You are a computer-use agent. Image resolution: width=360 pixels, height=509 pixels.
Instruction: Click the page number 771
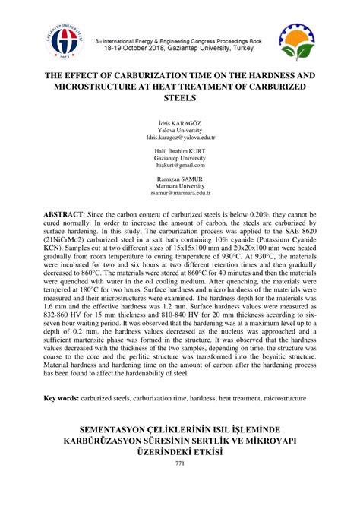(180, 464)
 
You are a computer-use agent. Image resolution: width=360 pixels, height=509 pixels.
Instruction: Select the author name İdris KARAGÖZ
(180, 121)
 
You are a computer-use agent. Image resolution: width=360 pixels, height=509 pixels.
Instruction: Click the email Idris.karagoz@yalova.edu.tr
(180, 138)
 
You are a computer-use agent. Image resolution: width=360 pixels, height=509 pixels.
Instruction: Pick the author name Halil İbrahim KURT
(180, 150)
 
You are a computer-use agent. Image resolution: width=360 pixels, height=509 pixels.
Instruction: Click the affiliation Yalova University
(180, 129)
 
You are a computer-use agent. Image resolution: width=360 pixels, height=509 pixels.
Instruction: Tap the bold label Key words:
(65, 397)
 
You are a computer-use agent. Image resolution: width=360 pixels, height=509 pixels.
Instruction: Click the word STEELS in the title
(180, 100)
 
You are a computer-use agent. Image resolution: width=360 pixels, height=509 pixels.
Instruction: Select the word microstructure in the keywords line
(284, 397)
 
